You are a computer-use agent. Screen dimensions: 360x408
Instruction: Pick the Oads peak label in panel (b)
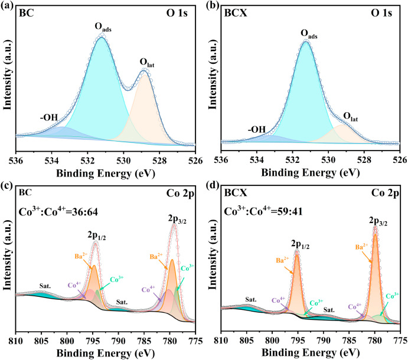tap(305, 35)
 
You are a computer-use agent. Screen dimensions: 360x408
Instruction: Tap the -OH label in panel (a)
tap(49, 117)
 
